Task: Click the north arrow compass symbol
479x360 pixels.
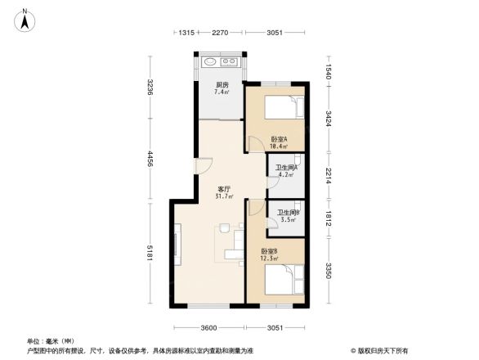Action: click(25, 20)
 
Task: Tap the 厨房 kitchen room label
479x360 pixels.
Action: click(222, 85)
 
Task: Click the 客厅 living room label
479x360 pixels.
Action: click(223, 188)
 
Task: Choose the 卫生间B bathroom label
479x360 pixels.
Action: click(288, 213)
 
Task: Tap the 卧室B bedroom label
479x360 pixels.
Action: click(269, 251)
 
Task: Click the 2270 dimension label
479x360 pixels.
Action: click(219, 33)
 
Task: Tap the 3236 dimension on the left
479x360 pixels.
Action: click(150, 88)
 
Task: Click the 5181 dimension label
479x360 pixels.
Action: click(150, 252)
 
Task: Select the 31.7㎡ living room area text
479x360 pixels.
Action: click(224, 196)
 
